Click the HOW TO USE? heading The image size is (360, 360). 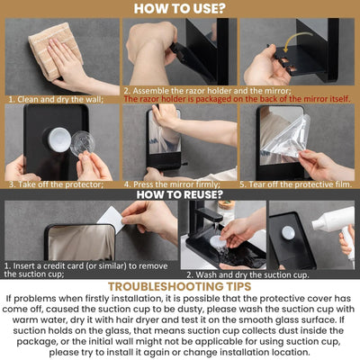(179, 9)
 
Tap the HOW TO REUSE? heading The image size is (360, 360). (179, 193)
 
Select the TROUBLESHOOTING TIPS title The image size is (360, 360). (179, 286)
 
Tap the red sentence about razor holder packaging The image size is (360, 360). (238, 99)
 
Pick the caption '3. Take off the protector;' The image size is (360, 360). (49, 183)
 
